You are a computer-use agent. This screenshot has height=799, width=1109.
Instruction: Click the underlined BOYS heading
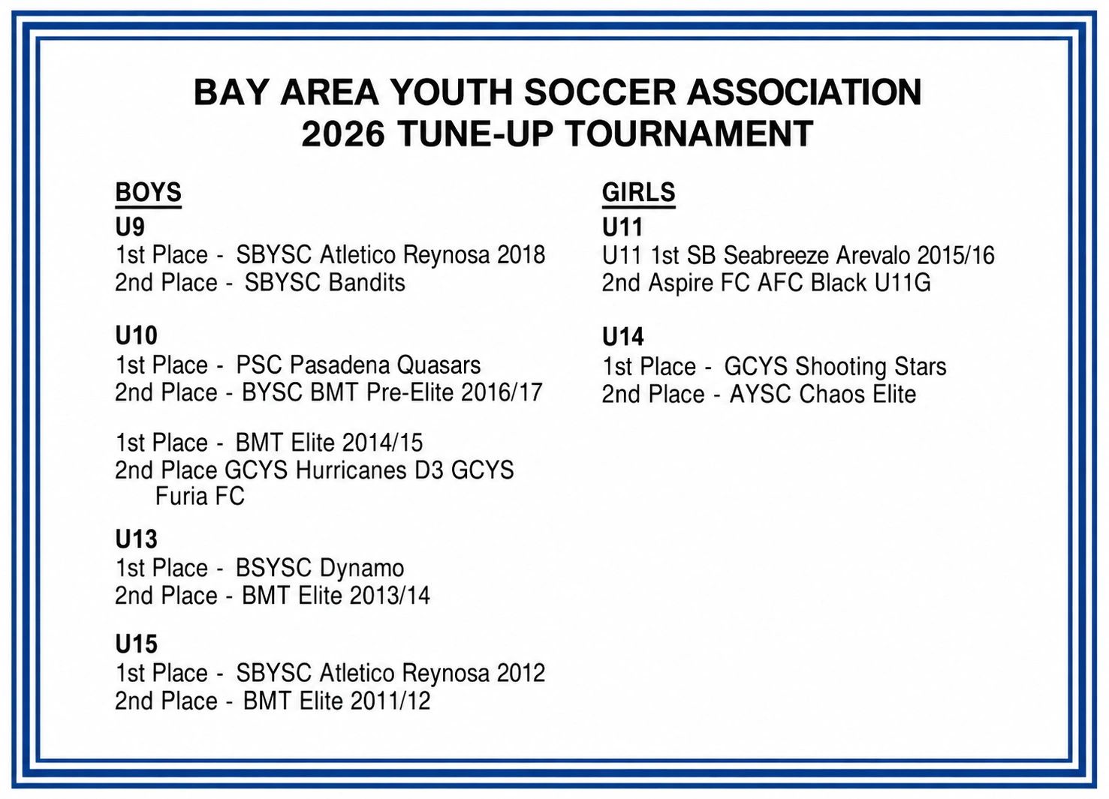tap(148, 193)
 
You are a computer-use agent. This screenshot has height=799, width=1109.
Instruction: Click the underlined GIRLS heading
tap(639, 193)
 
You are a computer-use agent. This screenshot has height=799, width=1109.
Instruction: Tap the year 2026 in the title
tap(343, 134)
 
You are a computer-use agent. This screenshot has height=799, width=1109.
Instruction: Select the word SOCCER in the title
tap(599, 92)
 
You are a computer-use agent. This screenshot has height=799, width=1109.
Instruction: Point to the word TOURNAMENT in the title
tap(689, 134)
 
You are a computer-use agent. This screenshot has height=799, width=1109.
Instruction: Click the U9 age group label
tap(130, 227)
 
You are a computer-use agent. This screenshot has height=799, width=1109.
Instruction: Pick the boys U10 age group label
tap(136, 335)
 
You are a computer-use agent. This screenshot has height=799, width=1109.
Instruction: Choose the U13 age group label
tap(136, 539)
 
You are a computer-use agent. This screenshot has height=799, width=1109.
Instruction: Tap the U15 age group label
tap(136, 644)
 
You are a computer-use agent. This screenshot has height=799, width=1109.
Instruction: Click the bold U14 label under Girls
tap(622, 337)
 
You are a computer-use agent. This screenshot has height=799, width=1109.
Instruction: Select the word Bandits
tap(366, 283)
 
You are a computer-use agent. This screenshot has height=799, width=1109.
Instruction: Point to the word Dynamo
tap(362, 568)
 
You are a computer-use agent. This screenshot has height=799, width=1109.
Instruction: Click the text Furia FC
tap(200, 496)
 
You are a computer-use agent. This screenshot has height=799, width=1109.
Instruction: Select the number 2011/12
tap(390, 701)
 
